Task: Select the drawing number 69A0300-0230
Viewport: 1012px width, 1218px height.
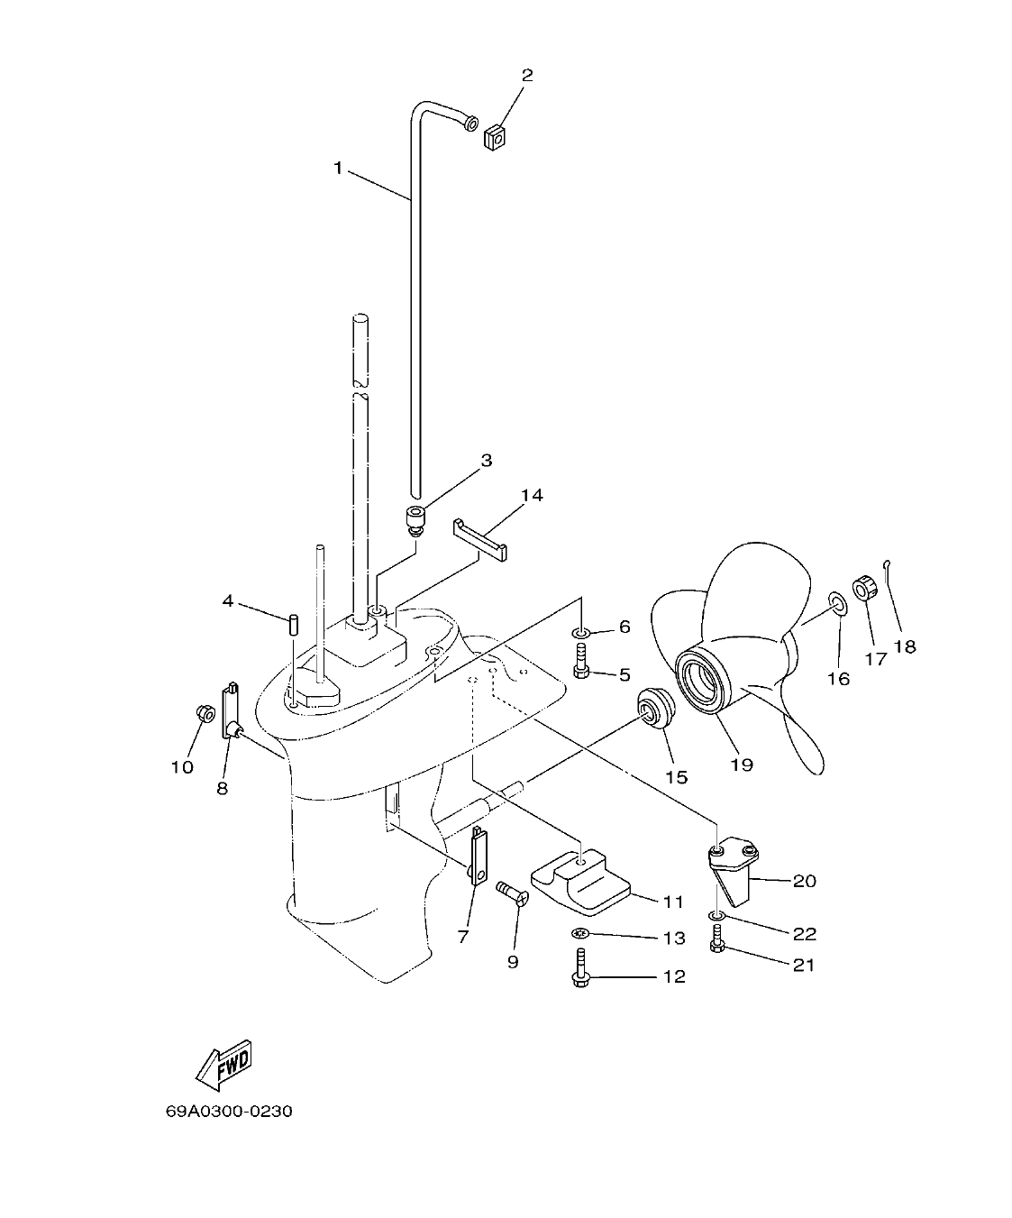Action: click(x=229, y=1111)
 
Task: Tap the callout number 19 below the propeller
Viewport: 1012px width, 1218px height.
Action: click(x=742, y=765)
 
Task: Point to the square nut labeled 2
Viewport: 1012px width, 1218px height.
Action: click(x=495, y=138)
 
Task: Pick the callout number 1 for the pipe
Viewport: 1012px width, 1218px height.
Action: click(x=339, y=168)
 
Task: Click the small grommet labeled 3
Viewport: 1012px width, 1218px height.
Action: click(x=415, y=520)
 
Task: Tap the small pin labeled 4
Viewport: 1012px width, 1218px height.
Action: click(x=294, y=624)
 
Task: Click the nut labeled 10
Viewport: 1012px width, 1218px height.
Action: click(x=205, y=714)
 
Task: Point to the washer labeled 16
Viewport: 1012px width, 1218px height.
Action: click(x=837, y=602)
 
